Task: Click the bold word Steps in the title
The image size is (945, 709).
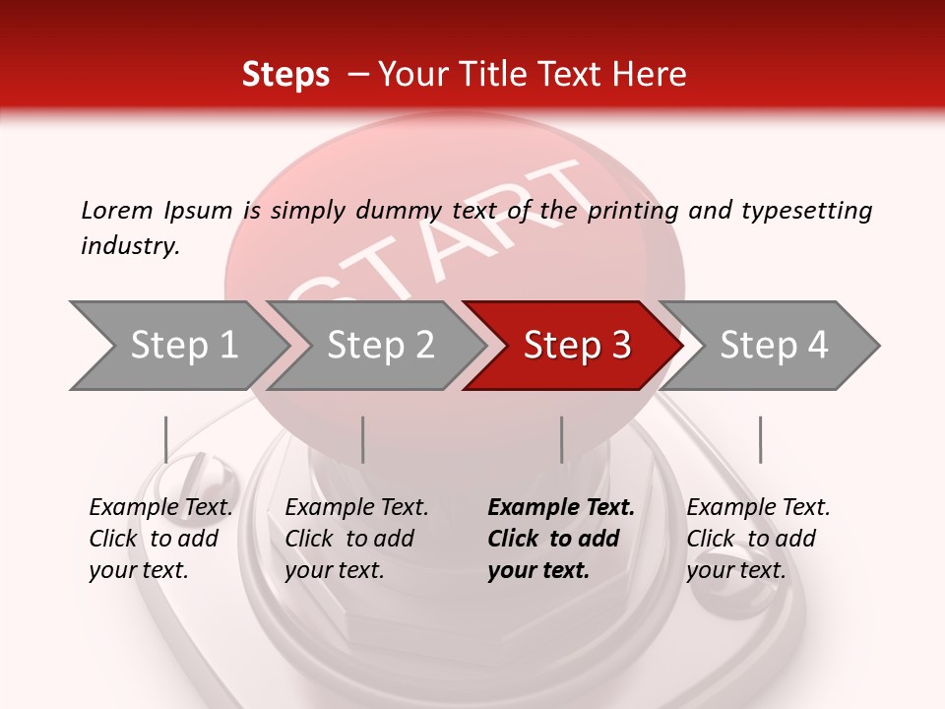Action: click(285, 75)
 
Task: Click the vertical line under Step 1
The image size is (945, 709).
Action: click(166, 439)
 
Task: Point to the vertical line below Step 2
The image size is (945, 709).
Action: click(363, 439)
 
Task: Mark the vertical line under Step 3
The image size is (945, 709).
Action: click(562, 439)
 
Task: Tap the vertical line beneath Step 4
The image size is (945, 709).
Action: click(760, 439)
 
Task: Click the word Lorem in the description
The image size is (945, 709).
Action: click(117, 210)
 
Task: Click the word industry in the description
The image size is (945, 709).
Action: click(129, 246)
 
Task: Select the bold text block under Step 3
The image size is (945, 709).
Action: click(561, 539)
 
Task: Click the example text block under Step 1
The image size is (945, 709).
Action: click(160, 539)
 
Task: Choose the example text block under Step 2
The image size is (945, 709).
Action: click(356, 539)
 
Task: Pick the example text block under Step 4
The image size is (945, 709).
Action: click(758, 539)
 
